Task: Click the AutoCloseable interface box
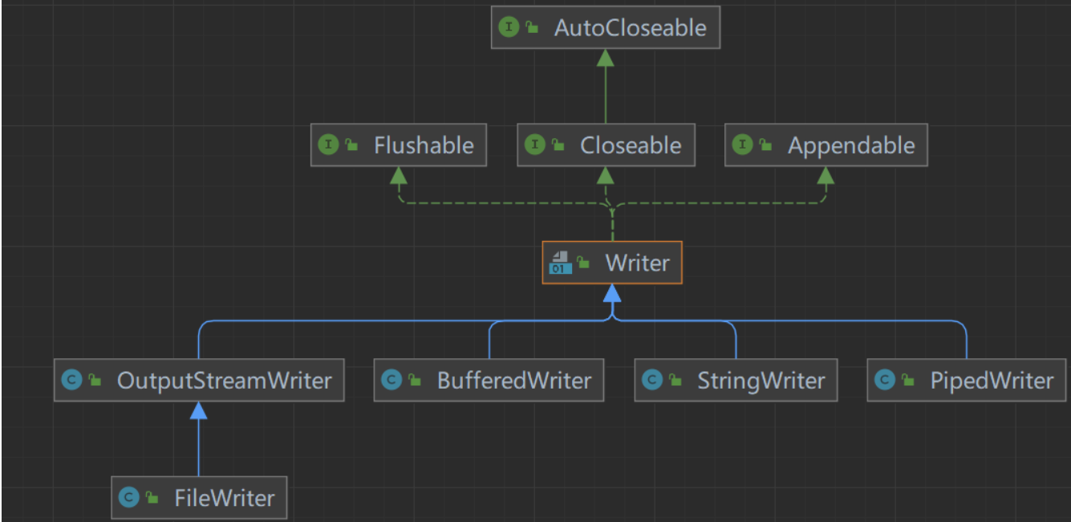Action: click(x=605, y=27)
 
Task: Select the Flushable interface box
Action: click(x=398, y=145)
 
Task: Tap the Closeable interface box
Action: click(x=606, y=145)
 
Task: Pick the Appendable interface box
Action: click(x=826, y=145)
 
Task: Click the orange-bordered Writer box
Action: click(x=611, y=263)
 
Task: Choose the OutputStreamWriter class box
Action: click(x=198, y=380)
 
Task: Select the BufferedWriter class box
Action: click(x=489, y=380)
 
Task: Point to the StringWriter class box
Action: click(x=735, y=380)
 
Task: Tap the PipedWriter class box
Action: click(x=966, y=380)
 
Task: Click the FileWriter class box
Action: click(x=198, y=497)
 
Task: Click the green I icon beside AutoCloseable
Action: click(x=508, y=27)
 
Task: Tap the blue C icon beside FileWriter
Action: click(x=128, y=497)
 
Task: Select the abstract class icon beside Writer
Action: click(x=560, y=263)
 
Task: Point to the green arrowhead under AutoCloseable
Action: click(x=605, y=57)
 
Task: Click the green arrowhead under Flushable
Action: click(x=398, y=175)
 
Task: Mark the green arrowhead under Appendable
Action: click(x=826, y=175)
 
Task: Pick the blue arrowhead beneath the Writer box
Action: click(x=612, y=293)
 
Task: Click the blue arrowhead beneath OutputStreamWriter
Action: click(x=198, y=410)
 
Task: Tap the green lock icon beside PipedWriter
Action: click(x=909, y=381)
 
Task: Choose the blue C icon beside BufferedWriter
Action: click(x=391, y=380)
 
